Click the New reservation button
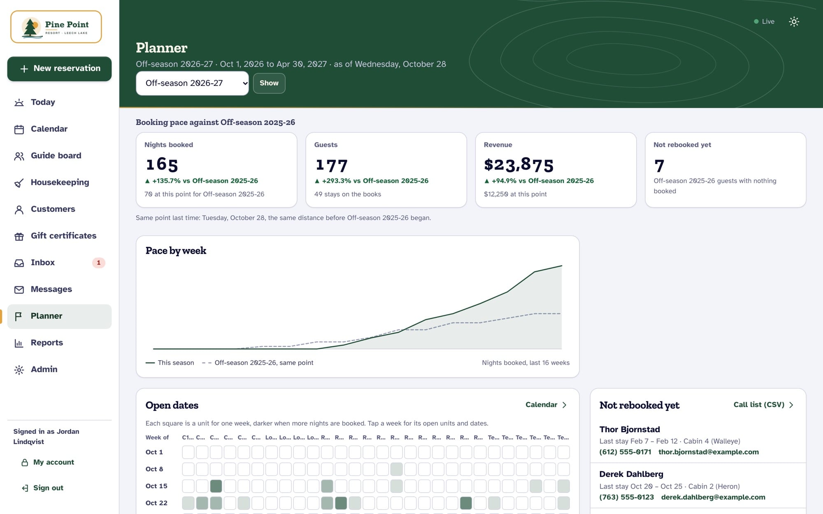59,69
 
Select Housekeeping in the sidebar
59,183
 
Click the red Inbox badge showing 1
98,263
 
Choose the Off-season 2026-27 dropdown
192,83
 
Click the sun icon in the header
794,22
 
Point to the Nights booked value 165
162,164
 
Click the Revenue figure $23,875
518,164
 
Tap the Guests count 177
332,165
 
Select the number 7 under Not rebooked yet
659,166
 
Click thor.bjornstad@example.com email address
709,452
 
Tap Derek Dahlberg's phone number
626,497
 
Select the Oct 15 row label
156,486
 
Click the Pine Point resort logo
56,27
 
